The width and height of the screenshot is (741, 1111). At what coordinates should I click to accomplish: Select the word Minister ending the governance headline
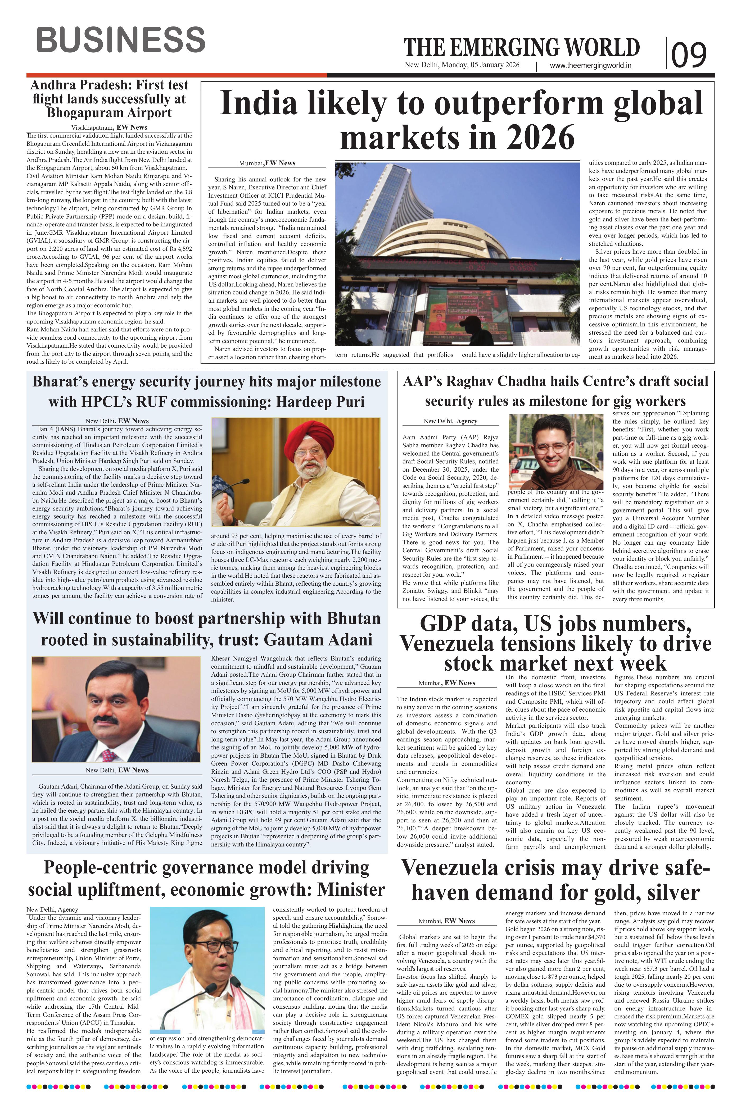[351, 889]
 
